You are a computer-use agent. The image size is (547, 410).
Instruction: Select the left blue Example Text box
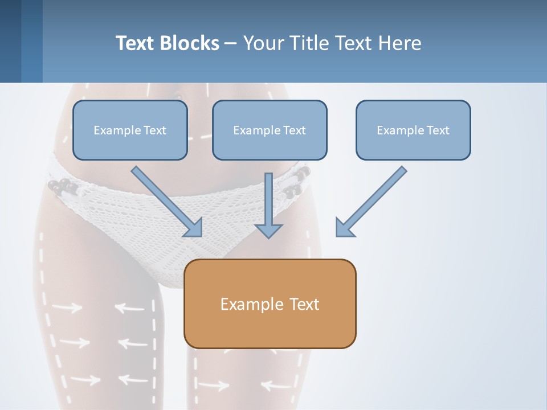(130, 130)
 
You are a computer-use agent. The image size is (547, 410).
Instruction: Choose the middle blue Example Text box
(270, 130)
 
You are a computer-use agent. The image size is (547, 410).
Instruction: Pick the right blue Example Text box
(413, 130)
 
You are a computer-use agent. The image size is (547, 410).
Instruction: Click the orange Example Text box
(270, 304)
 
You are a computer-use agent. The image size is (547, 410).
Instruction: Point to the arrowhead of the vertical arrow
(268, 231)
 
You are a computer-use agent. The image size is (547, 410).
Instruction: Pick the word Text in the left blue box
(154, 130)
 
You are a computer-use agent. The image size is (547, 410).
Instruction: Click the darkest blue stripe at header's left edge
(10, 41)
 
